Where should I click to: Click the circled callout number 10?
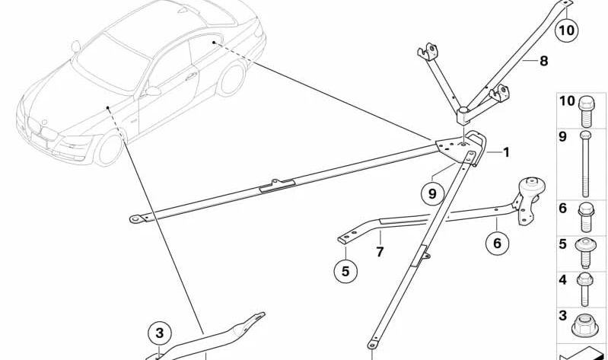pyautogui.click(x=566, y=30)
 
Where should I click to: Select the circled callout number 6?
pyautogui.click(x=498, y=243)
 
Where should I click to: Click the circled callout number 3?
pyautogui.click(x=159, y=333)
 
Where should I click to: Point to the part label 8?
pyautogui.click(x=543, y=61)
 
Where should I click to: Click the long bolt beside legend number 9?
pyautogui.click(x=586, y=164)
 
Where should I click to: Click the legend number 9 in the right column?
pyautogui.click(x=563, y=137)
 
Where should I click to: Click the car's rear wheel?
pyautogui.click(x=231, y=78)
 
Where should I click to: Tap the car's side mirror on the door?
pyautogui.click(x=153, y=91)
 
